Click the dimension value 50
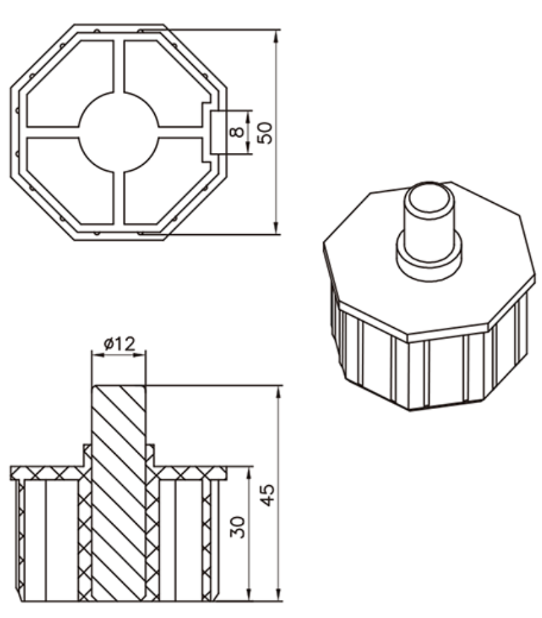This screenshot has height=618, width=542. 265,131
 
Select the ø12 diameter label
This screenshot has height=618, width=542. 119,344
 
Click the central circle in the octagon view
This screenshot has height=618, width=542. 119,131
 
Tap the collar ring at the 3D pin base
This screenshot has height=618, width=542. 429,254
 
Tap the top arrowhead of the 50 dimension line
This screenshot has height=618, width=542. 276,33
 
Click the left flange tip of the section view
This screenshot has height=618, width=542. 13,473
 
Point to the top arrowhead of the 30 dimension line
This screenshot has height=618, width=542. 249,471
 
